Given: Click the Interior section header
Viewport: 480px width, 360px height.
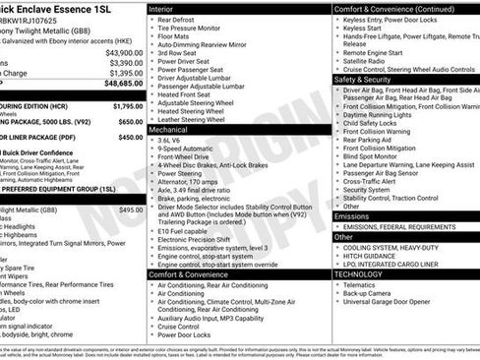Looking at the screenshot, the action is tap(162, 8).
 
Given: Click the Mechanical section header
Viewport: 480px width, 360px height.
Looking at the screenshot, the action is tap(170, 129).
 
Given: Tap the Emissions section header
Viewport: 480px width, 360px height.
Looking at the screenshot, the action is tap(352, 216).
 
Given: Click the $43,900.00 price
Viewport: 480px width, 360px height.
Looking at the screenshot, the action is tap(125, 52).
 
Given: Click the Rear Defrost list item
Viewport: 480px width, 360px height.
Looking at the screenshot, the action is tap(180, 20).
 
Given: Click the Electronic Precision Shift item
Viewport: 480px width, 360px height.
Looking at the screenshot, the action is tap(204, 239).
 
